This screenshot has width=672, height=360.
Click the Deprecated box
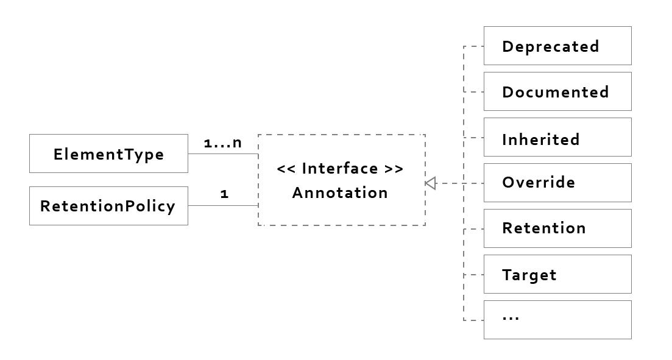[x=557, y=46]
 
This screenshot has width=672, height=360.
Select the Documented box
[x=557, y=91]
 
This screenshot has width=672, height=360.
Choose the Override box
[x=557, y=183]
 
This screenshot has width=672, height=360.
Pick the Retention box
[x=557, y=228]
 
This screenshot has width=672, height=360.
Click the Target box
[x=557, y=274]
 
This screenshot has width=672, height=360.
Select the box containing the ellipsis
[x=557, y=320]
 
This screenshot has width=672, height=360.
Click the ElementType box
[x=108, y=154]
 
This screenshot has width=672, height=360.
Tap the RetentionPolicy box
[x=108, y=206]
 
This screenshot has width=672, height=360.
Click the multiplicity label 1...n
[x=222, y=143]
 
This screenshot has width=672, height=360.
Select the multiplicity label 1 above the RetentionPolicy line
[x=224, y=195]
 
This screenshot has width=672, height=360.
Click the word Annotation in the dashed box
[x=340, y=192]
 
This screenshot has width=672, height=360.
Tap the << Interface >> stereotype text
[x=340, y=168]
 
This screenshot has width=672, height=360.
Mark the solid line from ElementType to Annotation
[x=222, y=154]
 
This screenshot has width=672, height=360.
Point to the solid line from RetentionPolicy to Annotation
[x=222, y=206]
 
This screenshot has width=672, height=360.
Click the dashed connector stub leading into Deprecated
[x=474, y=46]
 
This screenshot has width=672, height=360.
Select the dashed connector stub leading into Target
[x=474, y=275]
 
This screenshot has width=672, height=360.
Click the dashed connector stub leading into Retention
[x=474, y=230]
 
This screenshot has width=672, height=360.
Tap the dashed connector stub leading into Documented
[x=474, y=92]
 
